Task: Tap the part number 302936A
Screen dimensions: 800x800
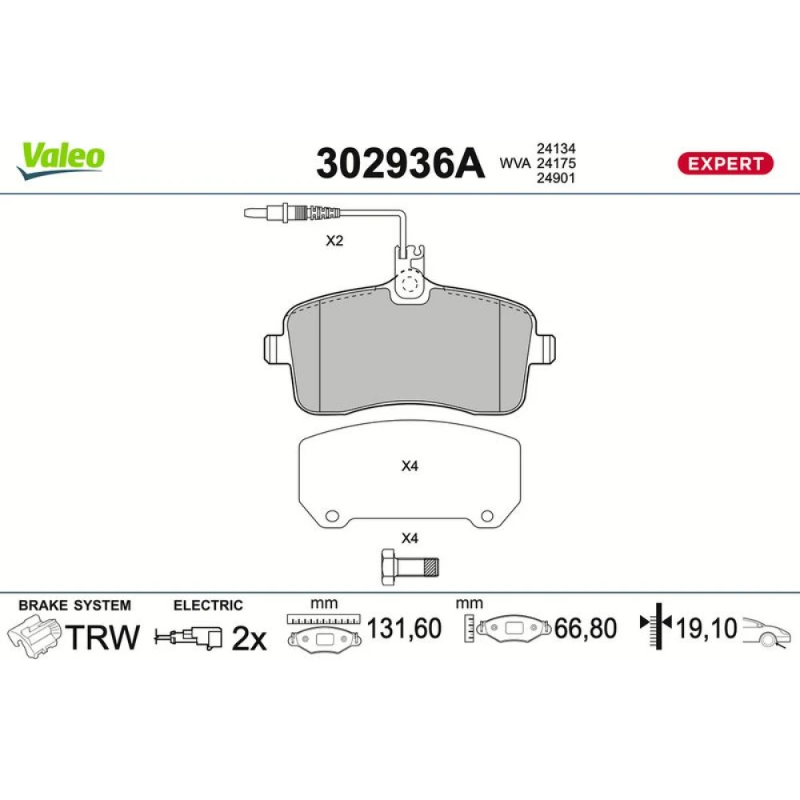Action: [400, 163]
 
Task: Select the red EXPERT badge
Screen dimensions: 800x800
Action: [725, 163]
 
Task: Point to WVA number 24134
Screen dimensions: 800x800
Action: [556, 149]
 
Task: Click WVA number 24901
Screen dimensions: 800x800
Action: [556, 178]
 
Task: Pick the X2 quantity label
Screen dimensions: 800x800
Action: [334, 240]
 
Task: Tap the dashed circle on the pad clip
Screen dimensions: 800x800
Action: [410, 282]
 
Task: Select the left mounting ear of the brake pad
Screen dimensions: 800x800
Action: [274, 349]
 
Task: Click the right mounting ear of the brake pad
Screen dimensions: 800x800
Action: [545, 349]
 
